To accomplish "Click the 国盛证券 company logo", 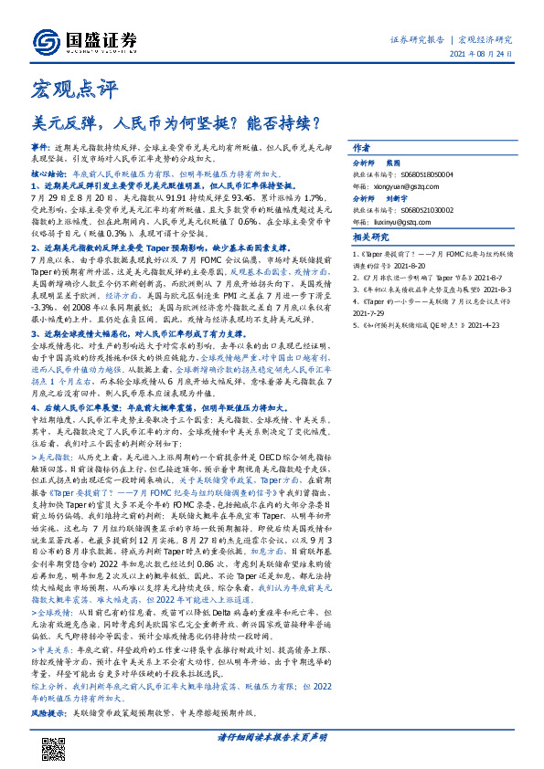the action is (85, 40).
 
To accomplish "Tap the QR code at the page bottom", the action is (54, 747).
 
